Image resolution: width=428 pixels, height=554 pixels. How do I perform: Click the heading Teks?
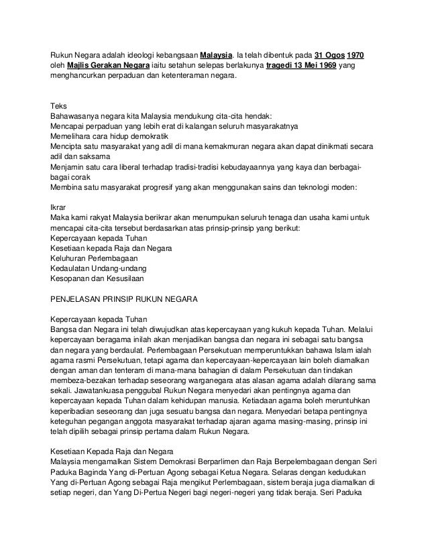pos(60,104)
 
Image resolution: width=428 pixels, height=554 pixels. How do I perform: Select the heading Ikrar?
pos(59,207)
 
